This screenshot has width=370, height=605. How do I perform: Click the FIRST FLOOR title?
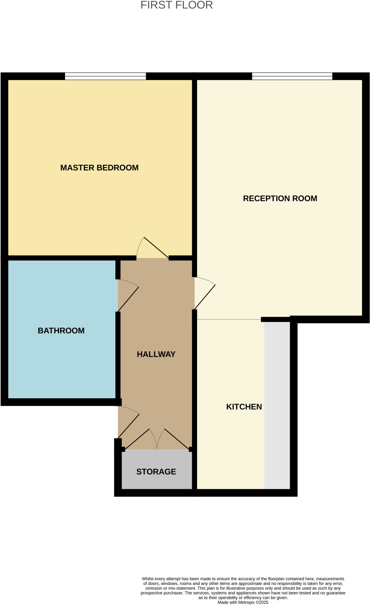point(177,5)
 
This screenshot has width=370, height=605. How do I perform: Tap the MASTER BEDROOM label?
point(99,168)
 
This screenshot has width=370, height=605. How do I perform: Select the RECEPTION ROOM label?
point(280,199)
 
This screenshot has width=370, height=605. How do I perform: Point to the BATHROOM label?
point(61,331)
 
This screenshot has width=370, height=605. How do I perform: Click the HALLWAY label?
point(156,354)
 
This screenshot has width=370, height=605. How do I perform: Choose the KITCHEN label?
point(244,407)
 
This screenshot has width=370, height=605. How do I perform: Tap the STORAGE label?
point(156,472)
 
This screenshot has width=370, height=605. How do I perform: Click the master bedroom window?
point(105,76)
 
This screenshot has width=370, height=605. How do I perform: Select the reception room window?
point(292,76)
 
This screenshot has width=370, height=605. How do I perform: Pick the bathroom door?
point(128,299)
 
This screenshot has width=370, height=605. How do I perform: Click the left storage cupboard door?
point(137,439)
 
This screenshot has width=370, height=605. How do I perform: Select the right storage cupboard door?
point(177,439)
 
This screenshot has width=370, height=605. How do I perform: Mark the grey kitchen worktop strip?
point(277,405)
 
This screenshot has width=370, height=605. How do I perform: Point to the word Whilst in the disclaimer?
point(148,579)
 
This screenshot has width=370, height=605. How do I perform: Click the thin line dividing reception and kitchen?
point(229,319)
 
